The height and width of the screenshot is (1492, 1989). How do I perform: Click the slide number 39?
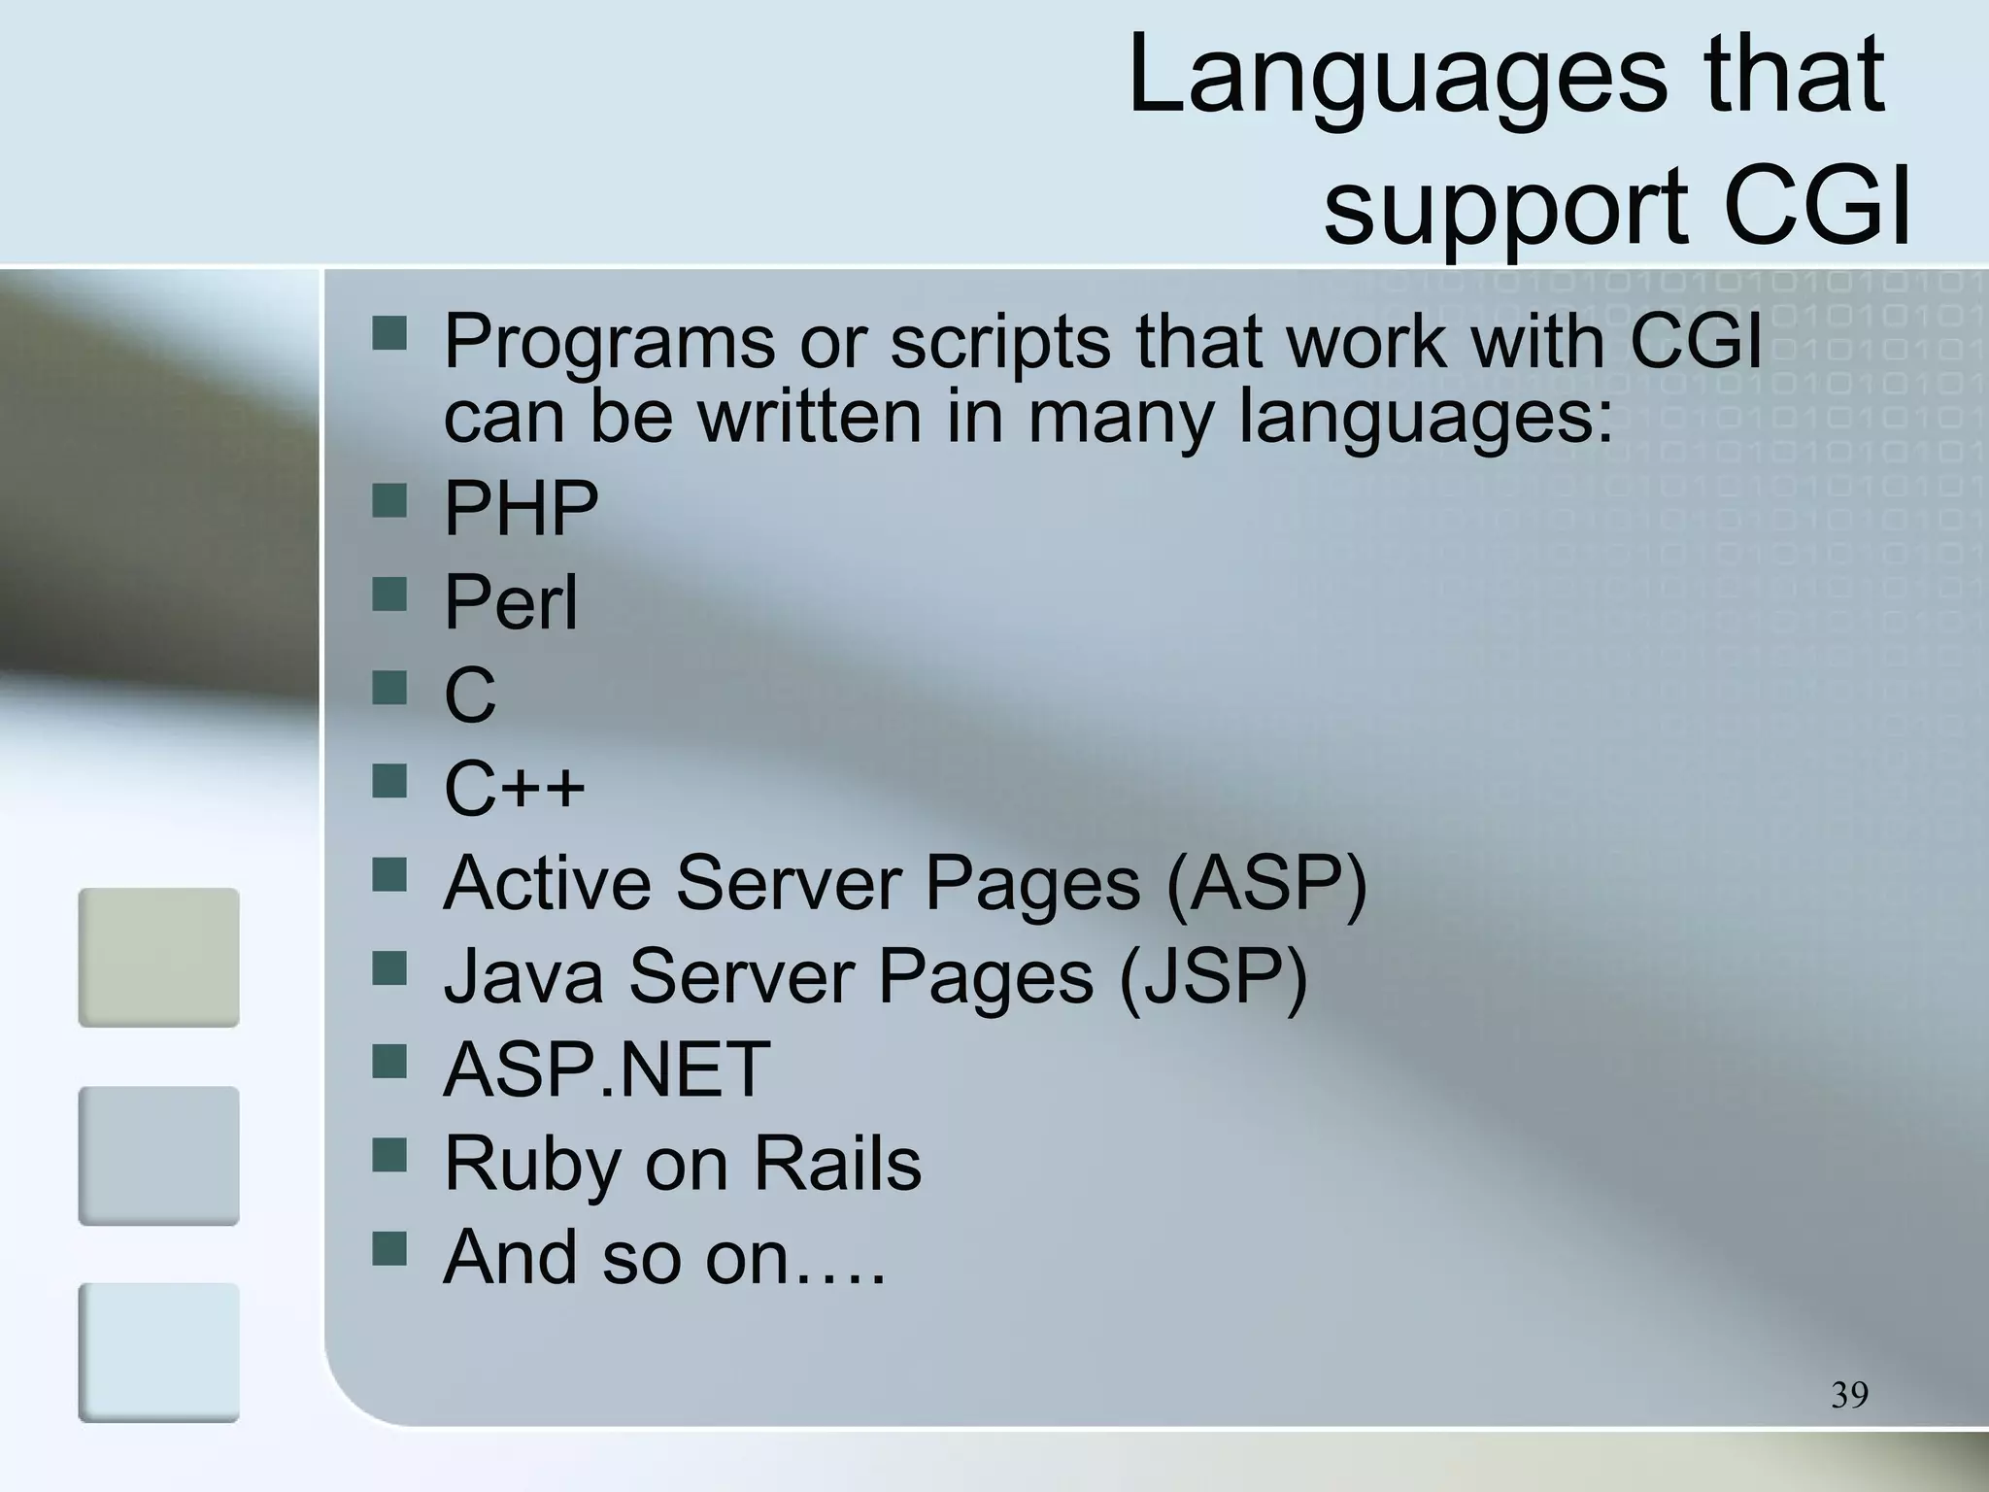1849,1395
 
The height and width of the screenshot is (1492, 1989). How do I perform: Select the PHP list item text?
521,508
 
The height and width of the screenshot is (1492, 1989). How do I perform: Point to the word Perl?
510,602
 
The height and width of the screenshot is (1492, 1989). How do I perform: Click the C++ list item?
514,788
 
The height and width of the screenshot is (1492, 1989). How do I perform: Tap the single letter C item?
469,695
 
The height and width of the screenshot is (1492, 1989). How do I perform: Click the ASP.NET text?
606,1069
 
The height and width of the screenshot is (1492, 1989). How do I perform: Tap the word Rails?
837,1163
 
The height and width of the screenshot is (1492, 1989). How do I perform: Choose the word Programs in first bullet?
609,342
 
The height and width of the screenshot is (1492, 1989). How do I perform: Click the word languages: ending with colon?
1425,418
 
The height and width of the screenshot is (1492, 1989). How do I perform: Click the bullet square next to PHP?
389,501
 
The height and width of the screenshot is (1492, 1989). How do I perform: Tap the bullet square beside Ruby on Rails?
389,1156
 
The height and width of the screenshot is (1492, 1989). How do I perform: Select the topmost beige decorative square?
158,957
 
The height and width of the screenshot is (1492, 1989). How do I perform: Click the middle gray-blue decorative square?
158,1155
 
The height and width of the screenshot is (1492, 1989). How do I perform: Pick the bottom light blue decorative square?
158,1352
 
